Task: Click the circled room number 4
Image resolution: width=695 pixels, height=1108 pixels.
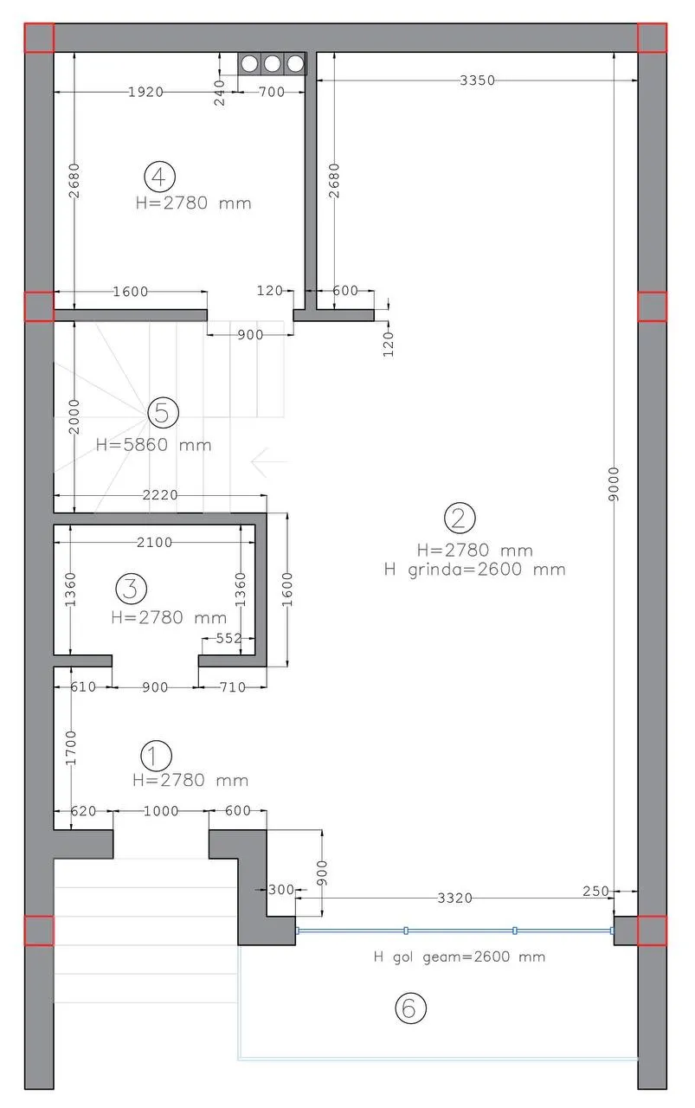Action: click(x=159, y=177)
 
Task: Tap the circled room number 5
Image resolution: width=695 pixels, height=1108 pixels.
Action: click(x=163, y=413)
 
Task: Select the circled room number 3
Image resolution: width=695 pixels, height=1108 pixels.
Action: click(x=131, y=588)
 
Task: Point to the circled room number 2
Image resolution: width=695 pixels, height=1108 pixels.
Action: click(x=460, y=518)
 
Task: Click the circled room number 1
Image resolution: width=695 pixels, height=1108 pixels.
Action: click(x=157, y=756)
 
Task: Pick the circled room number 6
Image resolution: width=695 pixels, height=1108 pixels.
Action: click(x=410, y=1008)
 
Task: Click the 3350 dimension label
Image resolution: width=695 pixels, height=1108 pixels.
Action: click(x=478, y=81)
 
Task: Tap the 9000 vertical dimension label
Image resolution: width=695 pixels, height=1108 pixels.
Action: click(x=614, y=483)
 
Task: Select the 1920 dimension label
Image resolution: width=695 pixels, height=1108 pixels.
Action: click(x=146, y=92)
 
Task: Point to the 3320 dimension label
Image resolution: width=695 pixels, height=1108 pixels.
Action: click(x=455, y=898)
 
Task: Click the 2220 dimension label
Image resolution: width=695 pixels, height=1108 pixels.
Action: click(x=160, y=494)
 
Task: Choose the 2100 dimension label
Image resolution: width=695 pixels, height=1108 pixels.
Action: click(x=155, y=542)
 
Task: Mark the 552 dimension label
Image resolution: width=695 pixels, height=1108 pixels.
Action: click(x=229, y=638)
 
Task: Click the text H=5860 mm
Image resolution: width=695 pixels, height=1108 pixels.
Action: click(x=154, y=445)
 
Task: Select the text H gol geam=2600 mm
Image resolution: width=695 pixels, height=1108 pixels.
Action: click(x=460, y=957)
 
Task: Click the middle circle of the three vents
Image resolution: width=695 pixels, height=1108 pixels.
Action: click(x=272, y=63)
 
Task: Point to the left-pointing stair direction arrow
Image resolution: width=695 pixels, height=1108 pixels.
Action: click(x=269, y=461)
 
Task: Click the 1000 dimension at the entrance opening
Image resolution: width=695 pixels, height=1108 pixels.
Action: click(x=161, y=811)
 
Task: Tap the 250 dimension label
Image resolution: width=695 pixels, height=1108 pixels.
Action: click(x=596, y=891)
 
